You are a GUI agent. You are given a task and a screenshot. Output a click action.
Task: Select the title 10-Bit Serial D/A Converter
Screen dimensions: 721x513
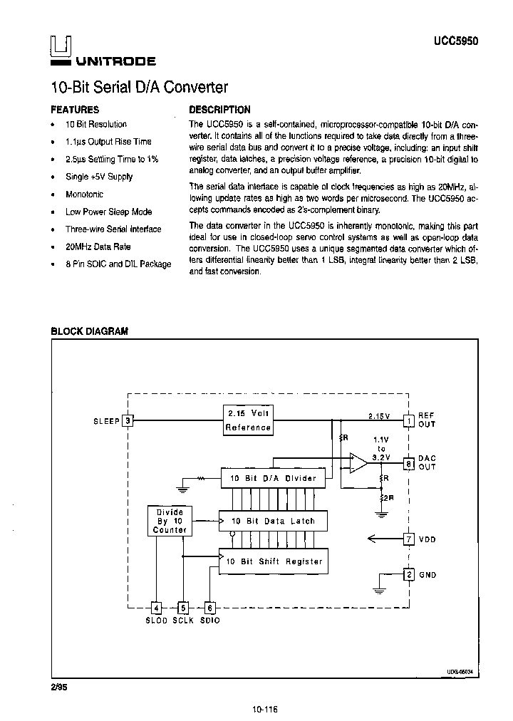(x=139, y=88)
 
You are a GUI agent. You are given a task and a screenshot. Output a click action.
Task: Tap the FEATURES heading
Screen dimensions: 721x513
(x=75, y=110)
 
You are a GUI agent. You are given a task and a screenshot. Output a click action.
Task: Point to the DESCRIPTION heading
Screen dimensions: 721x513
(x=219, y=110)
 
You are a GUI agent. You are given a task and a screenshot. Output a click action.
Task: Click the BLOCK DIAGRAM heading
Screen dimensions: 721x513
(x=89, y=331)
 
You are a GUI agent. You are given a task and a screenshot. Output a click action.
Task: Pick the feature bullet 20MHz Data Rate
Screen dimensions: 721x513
(x=98, y=247)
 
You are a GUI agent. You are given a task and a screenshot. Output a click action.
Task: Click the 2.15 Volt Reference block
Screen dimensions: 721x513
(x=248, y=420)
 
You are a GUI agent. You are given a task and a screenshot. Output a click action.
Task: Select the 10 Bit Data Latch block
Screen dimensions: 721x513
(x=273, y=521)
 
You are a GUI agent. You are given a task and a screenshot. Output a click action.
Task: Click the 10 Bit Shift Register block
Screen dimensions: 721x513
(x=274, y=561)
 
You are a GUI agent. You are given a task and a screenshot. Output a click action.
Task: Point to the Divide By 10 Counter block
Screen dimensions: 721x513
(x=170, y=521)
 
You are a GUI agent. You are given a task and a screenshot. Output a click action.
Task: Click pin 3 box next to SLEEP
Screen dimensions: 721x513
(x=128, y=420)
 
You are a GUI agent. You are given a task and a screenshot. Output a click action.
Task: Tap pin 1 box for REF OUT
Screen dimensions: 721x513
(x=408, y=420)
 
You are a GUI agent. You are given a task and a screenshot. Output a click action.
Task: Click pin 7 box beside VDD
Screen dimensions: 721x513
(x=408, y=539)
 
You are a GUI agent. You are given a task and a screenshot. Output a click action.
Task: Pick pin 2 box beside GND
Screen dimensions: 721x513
(x=408, y=574)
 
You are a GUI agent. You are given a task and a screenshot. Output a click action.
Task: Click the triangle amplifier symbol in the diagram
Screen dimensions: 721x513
(x=358, y=462)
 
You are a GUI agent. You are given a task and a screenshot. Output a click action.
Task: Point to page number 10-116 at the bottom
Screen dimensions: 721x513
(x=264, y=709)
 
